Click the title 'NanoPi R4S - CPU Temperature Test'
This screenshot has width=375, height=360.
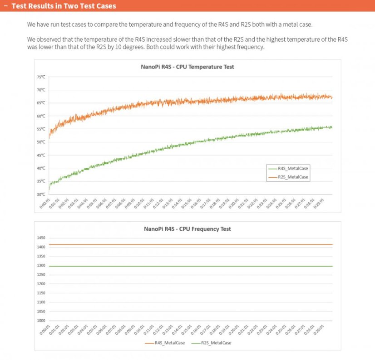coord(187,67)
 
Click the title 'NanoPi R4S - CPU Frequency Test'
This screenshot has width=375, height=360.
coord(187,229)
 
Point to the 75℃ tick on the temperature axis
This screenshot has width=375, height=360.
coord(41,77)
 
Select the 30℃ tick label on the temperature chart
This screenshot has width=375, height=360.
coord(41,195)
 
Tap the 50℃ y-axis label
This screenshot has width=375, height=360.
coord(41,142)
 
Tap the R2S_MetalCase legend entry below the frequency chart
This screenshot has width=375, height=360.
coord(216,343)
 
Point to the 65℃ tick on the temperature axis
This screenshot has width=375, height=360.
coord(41,103)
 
